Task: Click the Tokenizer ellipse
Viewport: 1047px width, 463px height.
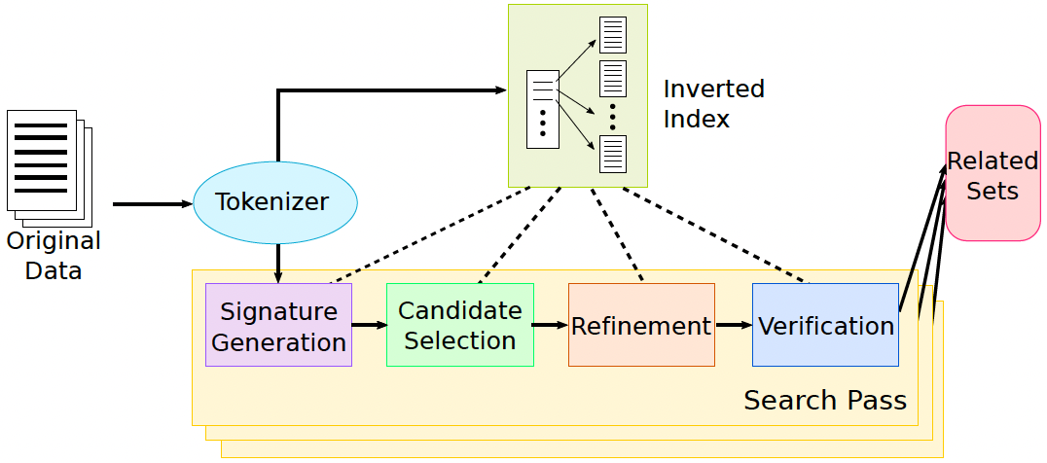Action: coord(275,202)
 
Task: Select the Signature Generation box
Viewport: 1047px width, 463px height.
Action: coord(278,325)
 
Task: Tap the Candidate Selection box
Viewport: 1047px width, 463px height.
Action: coord(460,325)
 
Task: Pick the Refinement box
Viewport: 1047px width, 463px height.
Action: coord(641,325)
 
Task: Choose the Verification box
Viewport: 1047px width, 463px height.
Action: coord(825,325)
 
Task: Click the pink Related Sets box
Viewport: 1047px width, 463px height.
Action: coord(993,173)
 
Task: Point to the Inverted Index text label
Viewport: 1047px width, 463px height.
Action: coord(713,103)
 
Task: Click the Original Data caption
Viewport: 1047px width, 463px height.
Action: coord(54,256)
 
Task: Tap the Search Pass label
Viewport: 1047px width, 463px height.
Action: coord(825,400)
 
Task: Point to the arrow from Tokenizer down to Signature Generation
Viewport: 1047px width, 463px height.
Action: coord(278,263)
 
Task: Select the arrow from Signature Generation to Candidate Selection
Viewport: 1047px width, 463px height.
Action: coord(369,325)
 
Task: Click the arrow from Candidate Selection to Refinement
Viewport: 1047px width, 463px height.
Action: coord(551,325)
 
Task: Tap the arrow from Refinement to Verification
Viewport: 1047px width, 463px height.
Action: coord(734,325)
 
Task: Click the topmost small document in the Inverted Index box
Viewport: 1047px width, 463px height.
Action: coord(613,34)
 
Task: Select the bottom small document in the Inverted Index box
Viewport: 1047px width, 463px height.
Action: coord(613,153)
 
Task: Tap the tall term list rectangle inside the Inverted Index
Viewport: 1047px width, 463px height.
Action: coord(542,109)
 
